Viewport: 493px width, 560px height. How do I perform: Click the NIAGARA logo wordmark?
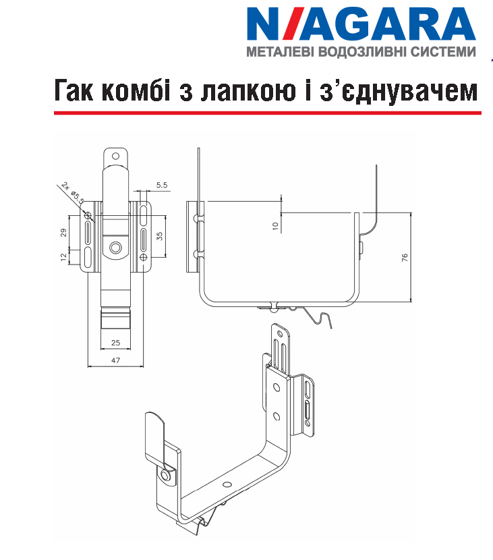361,24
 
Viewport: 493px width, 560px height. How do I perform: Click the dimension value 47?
116,360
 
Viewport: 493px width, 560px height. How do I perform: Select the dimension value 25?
116,343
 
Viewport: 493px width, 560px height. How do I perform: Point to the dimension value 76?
405,258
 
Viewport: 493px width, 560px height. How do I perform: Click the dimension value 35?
159,236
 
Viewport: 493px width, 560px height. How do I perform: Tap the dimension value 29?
63,233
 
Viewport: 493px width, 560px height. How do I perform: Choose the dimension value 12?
63,257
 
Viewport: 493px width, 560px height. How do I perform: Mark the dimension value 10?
275,226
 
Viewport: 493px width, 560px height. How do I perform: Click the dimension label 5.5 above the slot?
162,185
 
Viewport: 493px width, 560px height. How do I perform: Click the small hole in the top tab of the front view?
115,156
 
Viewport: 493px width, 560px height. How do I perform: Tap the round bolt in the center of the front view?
115,247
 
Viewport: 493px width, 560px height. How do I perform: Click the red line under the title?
268,113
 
